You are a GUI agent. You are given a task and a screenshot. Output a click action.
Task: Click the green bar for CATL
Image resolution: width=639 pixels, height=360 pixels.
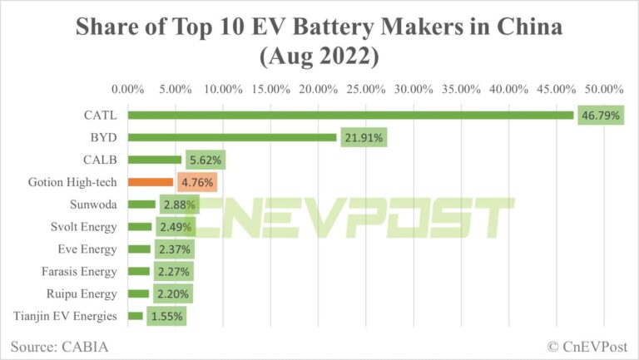[x=350, y=116]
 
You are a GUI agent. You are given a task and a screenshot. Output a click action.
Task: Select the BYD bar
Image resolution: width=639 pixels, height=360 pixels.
[x=232, y=138]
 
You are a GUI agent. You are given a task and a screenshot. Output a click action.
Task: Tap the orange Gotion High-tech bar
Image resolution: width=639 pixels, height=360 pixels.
[x=151, y=181]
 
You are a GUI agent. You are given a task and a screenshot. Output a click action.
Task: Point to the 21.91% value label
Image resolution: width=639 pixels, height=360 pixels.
[x=364, y=138]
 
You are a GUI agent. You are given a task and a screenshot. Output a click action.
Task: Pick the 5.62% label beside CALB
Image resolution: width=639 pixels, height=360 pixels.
[x=206, y=160]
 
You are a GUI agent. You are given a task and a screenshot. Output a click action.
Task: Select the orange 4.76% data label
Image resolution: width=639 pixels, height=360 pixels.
[x=197, y=182]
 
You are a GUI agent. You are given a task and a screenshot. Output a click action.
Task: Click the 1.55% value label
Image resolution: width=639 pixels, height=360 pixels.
[x=166, y=316]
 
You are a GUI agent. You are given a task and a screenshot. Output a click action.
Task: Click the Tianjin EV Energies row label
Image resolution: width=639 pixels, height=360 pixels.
[x=67, y=316]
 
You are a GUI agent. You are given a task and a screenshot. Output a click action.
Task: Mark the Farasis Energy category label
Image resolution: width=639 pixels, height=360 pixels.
[x=80, y=271]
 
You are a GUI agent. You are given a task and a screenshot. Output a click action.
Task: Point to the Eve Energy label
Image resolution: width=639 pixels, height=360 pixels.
[x=90, y=249]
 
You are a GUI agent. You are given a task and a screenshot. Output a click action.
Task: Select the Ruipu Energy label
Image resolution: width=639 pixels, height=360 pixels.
[x=83, y=293]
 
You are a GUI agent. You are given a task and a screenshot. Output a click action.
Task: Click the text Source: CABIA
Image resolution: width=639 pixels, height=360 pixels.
[x=60, y=345]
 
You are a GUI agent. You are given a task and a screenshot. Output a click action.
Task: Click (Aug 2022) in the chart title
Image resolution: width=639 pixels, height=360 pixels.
[x=319, y=58]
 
